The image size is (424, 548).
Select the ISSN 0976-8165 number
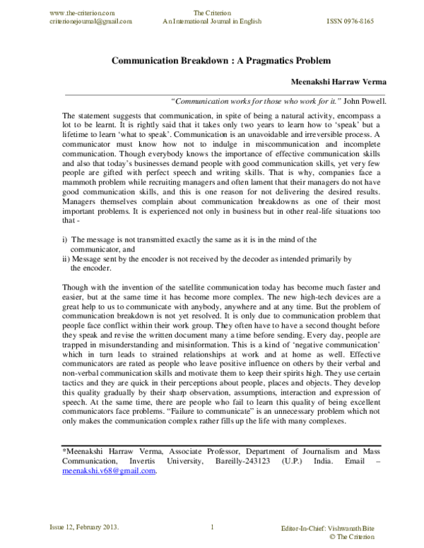(350, 21)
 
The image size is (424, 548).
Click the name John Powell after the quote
(366, 101)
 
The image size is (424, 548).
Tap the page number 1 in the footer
(212, 527)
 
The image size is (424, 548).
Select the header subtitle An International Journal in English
(212, 21)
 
